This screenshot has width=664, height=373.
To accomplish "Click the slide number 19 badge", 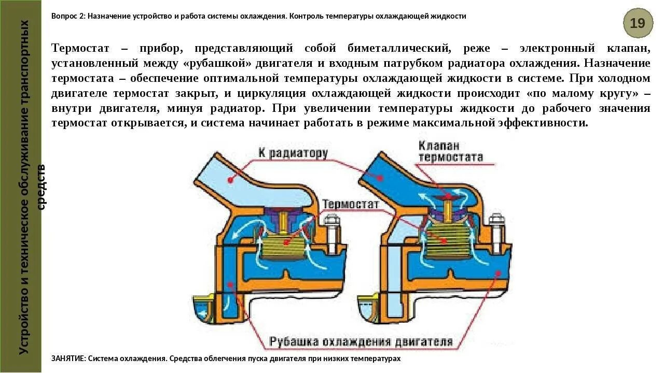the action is [x=638, y=23].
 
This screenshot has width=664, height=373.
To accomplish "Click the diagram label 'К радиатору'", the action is [x=293, y=153].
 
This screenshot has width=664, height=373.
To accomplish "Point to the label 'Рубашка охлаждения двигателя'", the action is [x=361, y=342].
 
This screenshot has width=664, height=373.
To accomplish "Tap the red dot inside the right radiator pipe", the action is [x=380, y=178].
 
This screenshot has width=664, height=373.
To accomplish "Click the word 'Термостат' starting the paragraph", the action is [x=80, y=48].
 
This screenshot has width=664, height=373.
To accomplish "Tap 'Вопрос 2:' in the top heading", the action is [x=67, y=16].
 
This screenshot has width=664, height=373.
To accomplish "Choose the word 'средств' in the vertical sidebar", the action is [x=41, y=187].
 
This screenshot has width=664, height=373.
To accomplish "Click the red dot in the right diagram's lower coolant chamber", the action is [x=499, y=273].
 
